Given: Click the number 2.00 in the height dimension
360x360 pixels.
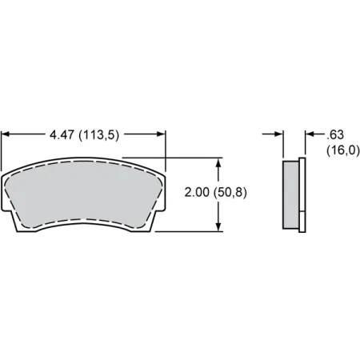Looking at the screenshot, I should pos(198,193).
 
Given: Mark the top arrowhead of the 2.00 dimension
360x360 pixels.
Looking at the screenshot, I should pos(218,161).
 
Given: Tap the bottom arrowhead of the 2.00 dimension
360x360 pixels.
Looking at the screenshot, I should pos(218,227).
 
